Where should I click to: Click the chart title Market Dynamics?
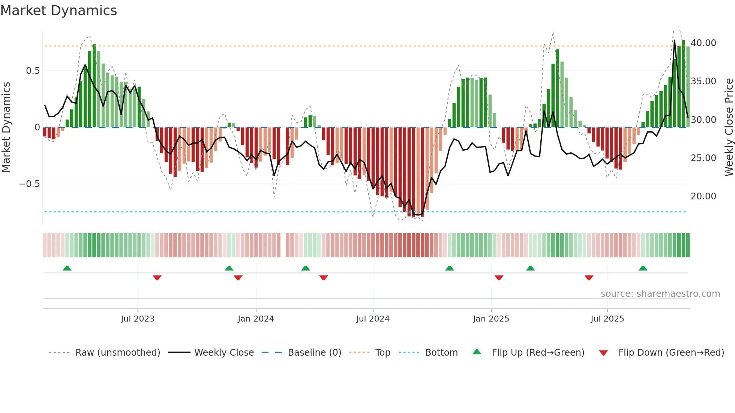pos(58,10)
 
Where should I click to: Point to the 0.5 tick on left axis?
pos(33,71)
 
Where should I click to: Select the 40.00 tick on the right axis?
pos(703,43)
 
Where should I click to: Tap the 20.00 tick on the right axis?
pos(703,196)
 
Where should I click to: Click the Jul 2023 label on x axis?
pos(138,319)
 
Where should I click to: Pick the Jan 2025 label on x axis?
pos(491,319)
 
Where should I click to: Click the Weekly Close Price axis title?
pos(729,127)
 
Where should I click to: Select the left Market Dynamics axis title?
pos(6,127)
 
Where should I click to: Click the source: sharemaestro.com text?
pos(660,294)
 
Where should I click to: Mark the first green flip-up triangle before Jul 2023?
pos(67,268)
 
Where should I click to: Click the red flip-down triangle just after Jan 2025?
pos(499,278)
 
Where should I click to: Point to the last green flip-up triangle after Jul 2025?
pos(643,268)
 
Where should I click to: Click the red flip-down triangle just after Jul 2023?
pos(157,278)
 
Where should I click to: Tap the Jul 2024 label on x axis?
pos(373,319)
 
